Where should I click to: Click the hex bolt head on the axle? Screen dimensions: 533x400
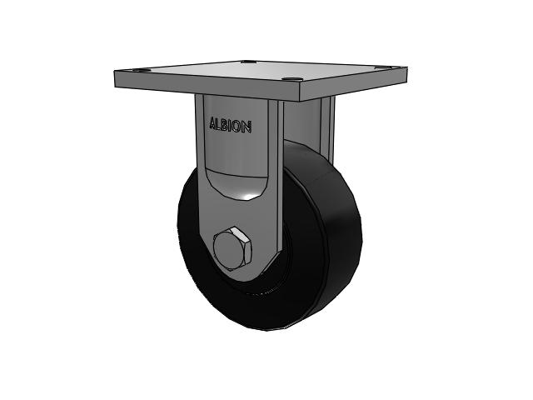coord(232,248)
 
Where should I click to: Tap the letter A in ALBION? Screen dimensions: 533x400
coord(213,124)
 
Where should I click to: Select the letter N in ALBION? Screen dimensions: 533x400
coord(247,127)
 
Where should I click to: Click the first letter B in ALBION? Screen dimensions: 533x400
coord(226,125)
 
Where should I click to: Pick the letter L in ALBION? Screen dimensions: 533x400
coord(220,124)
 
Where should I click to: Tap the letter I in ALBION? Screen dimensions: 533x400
coord(232,126)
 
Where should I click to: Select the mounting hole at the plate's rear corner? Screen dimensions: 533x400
coord(249,62)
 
